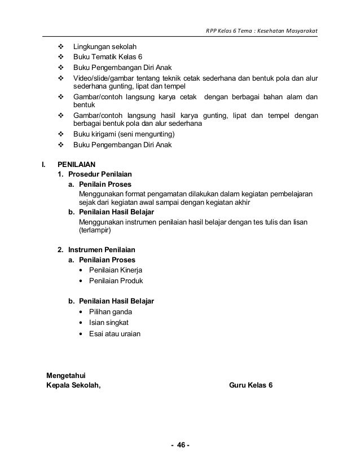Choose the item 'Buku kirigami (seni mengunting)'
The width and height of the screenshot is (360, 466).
coord(124,134)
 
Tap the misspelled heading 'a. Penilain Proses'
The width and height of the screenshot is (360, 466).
coord(100,184)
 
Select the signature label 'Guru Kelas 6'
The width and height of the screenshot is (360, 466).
coord(251,385)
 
